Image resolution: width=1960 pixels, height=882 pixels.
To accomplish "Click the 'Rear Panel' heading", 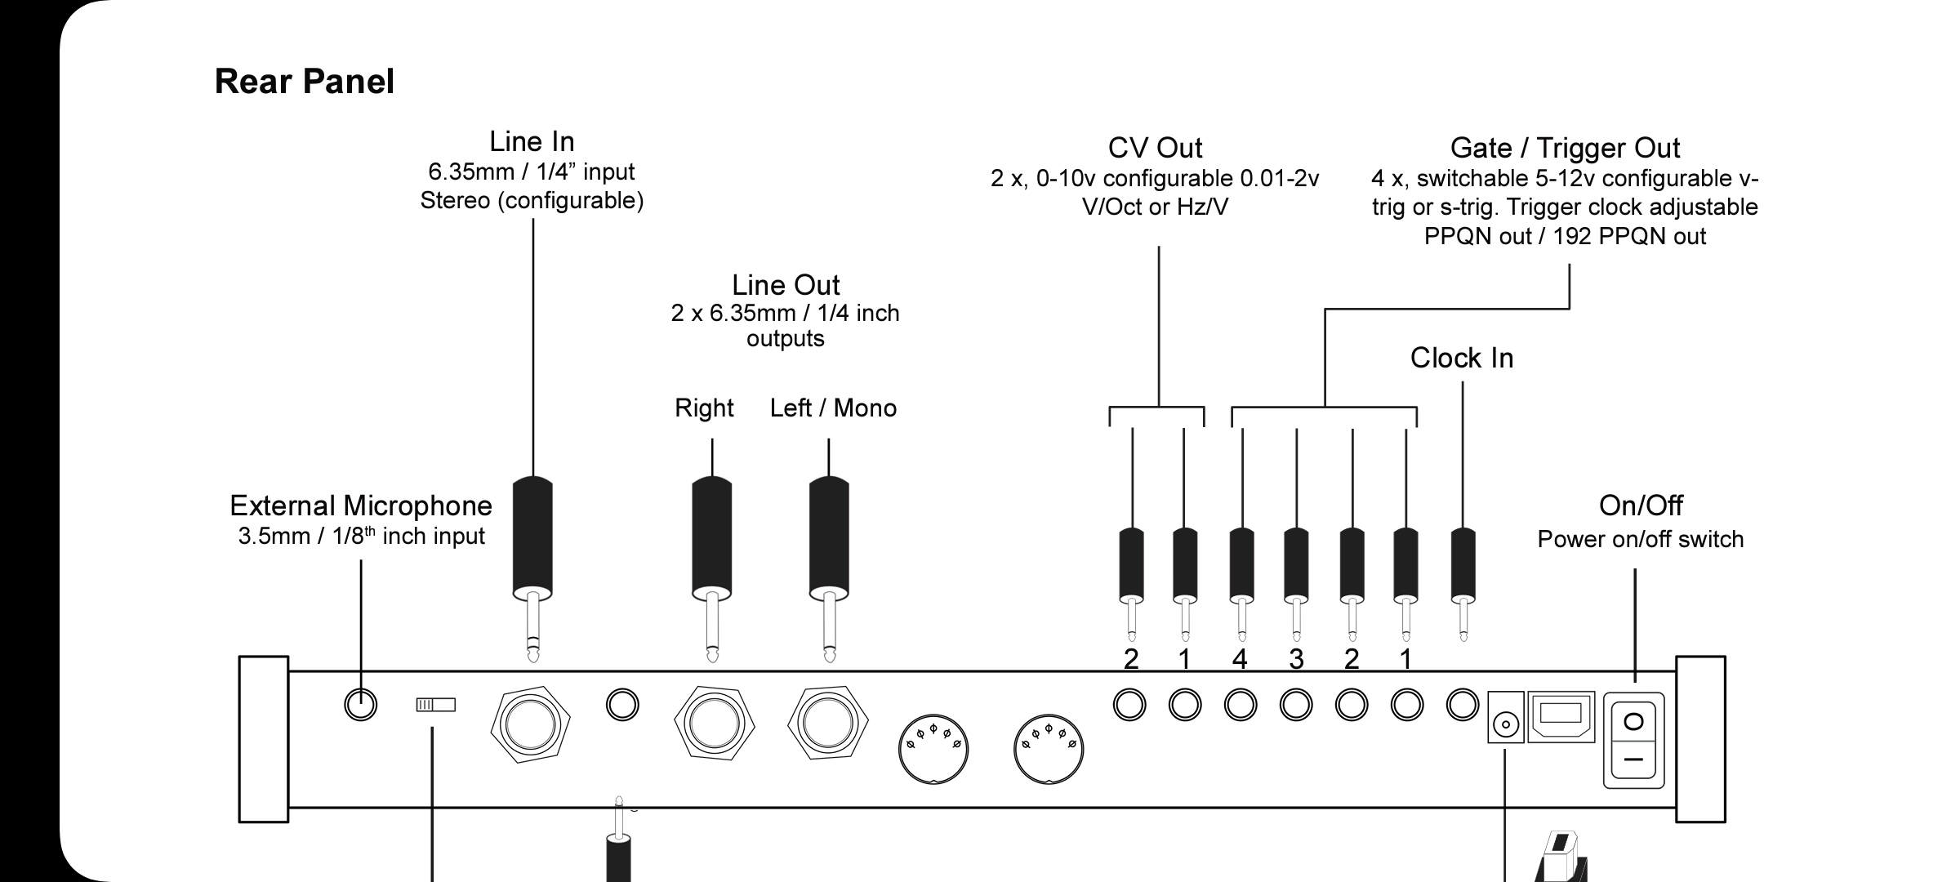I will (304, 82).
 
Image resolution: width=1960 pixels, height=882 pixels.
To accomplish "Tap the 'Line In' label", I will (532, 142).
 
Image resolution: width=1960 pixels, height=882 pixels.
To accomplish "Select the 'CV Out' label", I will (1155, 148).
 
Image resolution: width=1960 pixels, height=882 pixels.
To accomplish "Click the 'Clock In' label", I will (1462, 358).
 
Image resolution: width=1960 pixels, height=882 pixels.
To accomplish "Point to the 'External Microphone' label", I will (361, 506).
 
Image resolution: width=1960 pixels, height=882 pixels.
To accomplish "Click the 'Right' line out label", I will (704, 408).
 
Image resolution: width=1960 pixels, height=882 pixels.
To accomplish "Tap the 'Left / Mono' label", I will (833, 408).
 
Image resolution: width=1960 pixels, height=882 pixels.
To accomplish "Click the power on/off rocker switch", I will (1633, 740).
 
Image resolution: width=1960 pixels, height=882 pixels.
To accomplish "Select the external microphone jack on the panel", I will (361, 704).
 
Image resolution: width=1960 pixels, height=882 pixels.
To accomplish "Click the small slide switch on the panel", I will (435, 704).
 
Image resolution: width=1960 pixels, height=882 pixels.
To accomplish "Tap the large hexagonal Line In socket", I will (531, 724).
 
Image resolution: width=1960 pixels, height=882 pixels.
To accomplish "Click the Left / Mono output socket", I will (828, 722).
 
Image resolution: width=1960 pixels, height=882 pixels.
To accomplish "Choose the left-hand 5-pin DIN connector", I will (933, 749).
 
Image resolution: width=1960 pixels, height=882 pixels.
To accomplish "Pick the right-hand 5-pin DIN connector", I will (1049, 749).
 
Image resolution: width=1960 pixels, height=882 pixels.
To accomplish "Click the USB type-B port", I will (1561, 717).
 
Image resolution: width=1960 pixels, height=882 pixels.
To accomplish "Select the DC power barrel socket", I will (1505, 724).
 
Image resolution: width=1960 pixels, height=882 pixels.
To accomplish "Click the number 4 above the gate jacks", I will (1240, 659).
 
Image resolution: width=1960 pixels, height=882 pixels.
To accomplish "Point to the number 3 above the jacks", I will (1296, 659).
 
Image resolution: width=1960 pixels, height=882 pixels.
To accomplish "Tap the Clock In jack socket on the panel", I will (1462, 705).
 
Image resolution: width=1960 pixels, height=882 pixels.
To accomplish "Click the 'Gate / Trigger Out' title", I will (1565, 148).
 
